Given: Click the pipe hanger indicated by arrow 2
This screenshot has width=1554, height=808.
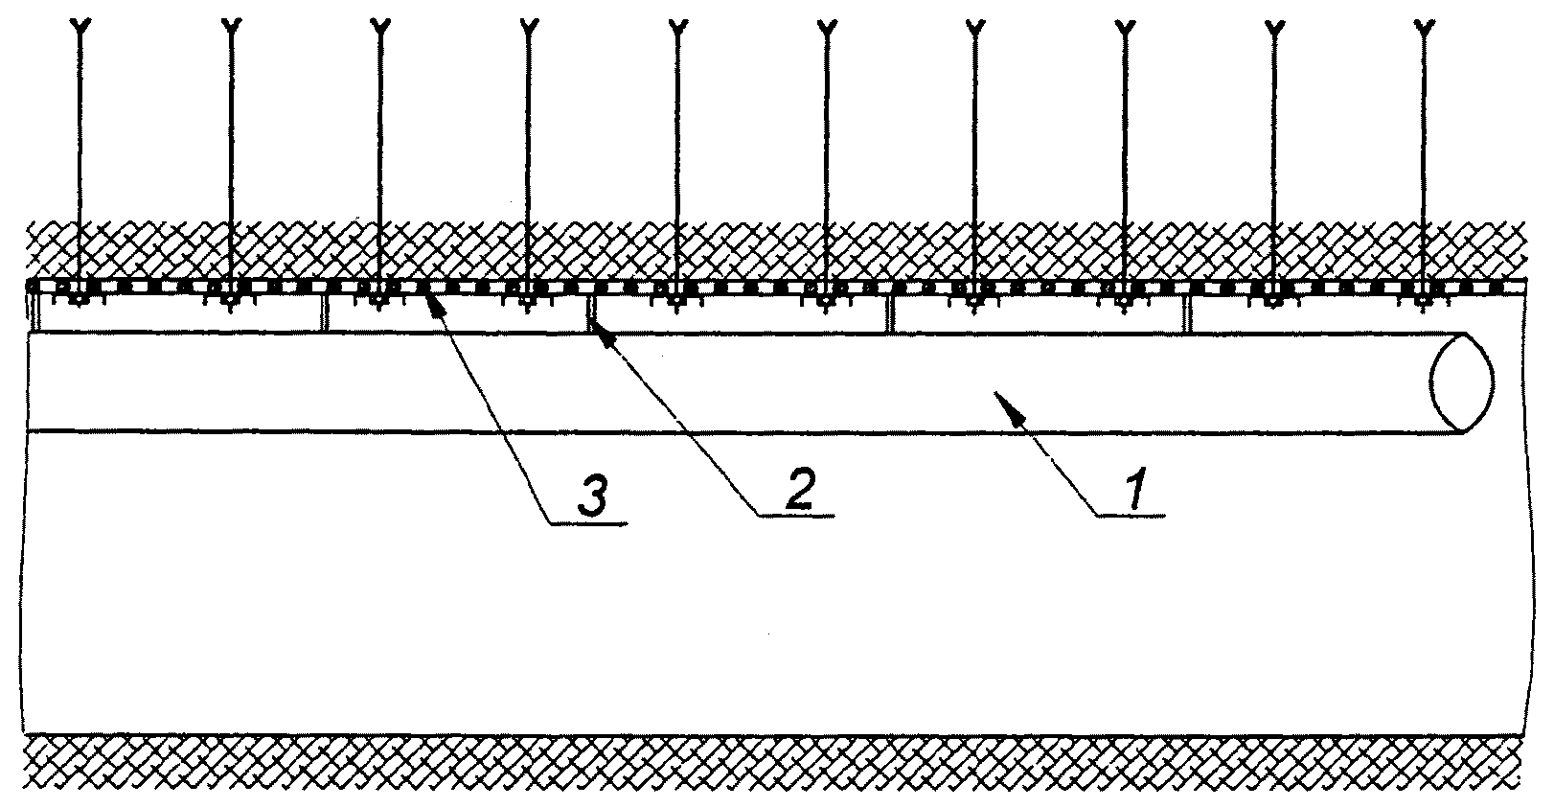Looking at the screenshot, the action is pos(588,314).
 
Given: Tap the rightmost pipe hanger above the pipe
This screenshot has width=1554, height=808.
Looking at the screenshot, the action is pos(1187,314).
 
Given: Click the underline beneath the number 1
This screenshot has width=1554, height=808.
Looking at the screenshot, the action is pos(1131,516).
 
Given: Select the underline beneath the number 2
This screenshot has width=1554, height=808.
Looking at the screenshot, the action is pos(795,516).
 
